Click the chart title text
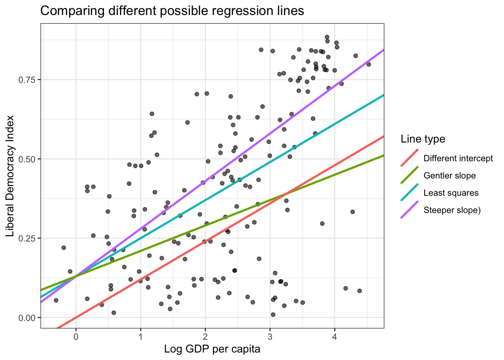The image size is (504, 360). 172,11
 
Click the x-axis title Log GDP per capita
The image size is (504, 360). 212,349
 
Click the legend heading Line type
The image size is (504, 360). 423,139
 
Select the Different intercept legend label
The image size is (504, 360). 458,158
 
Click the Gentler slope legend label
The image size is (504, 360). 449,175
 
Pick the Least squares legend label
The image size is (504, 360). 451,193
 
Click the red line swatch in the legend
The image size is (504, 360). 409,158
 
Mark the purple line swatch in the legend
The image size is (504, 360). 409,210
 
